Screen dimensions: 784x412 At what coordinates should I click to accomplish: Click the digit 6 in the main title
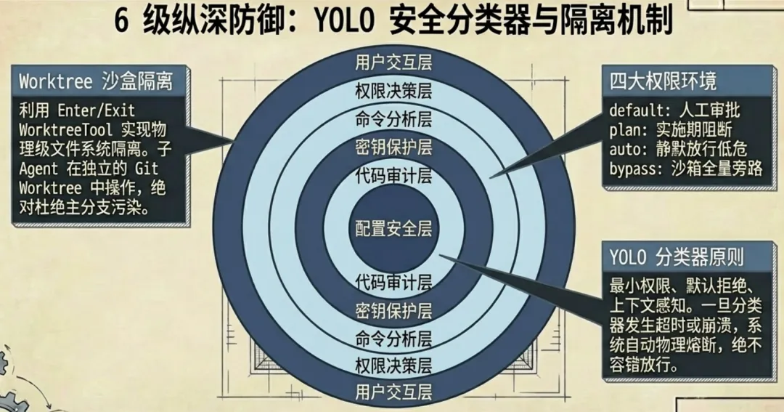pos(121,21)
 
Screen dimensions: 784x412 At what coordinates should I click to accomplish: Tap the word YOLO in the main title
pos(341,21)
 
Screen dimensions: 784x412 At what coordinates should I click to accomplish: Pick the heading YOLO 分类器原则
pos(677,257)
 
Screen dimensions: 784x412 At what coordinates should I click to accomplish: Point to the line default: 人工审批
pos(674,111)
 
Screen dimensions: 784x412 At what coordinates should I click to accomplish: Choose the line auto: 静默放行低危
pos(678,148)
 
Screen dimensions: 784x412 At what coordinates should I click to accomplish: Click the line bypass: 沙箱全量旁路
pos(685,167)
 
